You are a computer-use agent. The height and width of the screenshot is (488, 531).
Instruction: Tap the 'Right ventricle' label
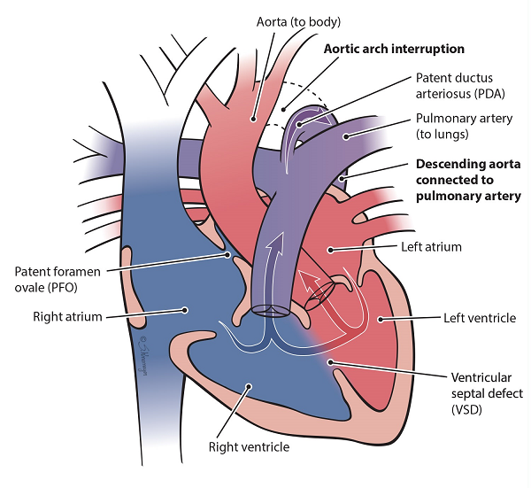point(248,446)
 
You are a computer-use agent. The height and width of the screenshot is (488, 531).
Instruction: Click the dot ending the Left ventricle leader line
point(379,317)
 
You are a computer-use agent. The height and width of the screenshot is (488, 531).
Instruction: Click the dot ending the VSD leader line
point(329,361)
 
